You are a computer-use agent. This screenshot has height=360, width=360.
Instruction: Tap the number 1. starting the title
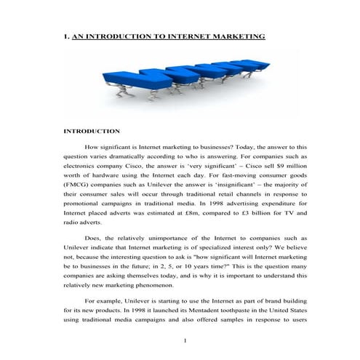click(x=67, y=36)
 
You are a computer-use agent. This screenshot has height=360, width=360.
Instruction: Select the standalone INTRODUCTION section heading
click(x=92, y=131)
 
